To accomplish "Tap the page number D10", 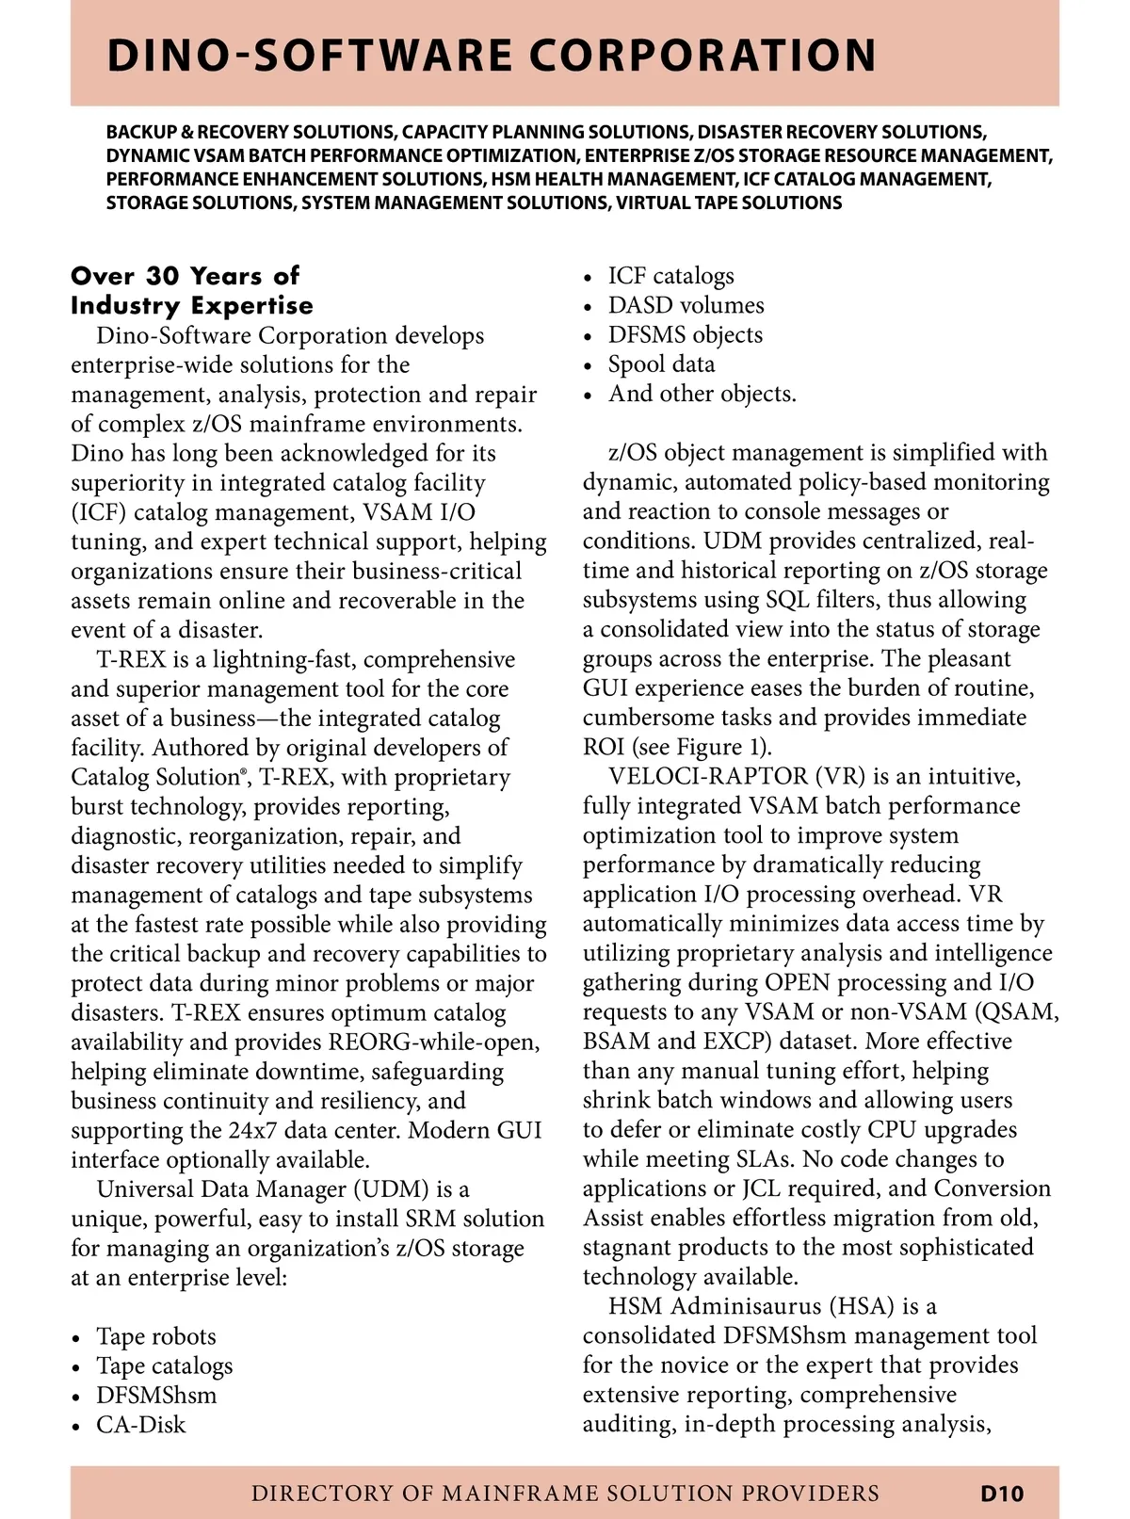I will [1001, 1493].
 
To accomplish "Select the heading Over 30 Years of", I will [185, 276].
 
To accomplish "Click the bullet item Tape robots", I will [155, 1336].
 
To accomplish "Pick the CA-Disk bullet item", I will [140, 1425].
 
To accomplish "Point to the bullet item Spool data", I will [661, 364].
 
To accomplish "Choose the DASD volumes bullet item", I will [686, 305].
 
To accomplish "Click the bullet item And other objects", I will [702, 394].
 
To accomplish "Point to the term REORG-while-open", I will [434, 1042].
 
